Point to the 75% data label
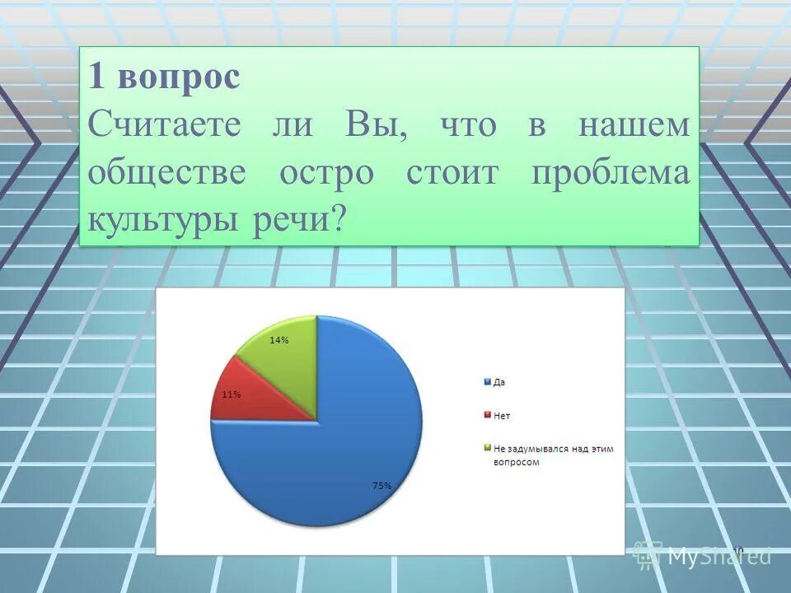tap(381, 486)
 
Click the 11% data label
tap(232, 395)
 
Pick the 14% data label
tap(278, 340)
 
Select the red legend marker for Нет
tap(487, 415)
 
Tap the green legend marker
tap(487, 448)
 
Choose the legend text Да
tap(499, 382)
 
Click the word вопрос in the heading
tap(178, 78)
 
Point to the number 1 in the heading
tap(96, 78)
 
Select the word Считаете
tap(165, 125)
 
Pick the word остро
tap(326, 173)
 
